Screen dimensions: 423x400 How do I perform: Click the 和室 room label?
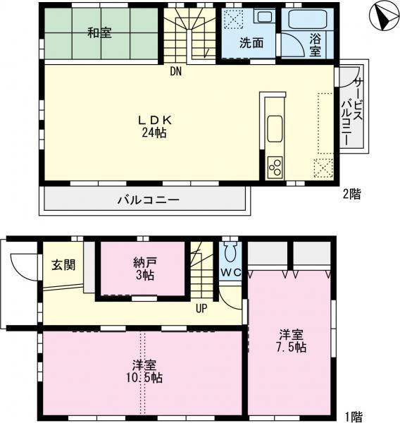click(x=100, y=32)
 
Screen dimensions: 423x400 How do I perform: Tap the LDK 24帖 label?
click(x=154, y=125)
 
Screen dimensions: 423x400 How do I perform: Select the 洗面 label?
click(x=251, y=42)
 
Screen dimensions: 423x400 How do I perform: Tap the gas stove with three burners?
click(x=275, y=168)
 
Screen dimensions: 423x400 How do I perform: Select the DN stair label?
click(x=175, y=70)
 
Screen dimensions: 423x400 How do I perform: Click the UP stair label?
click(x=201, y=307)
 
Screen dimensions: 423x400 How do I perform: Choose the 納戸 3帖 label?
click(x=142, y=268)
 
